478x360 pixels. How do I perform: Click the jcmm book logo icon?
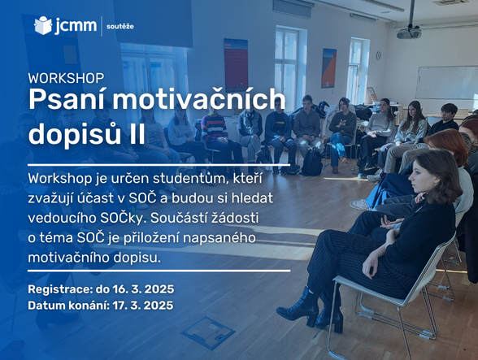[43, 26]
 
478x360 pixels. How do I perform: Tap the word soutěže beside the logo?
[120, 26]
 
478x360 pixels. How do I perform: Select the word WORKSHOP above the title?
[66, 78]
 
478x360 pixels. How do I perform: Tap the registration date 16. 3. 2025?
[143, 289]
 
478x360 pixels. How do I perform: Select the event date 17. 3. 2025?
[143, 305]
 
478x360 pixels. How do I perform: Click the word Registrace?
[60, 289]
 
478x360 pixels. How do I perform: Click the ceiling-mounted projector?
[409, 33]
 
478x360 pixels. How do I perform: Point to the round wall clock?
[379, 55]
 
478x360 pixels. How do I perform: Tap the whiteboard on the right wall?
[446, 82]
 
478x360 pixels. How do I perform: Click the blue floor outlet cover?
[208, 332]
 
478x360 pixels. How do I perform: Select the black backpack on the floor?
[311, 163]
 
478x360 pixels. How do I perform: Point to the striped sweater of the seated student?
[215, 128]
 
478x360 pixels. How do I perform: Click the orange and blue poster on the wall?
[329, 68]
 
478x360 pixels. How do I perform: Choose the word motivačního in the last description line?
[68, 258]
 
